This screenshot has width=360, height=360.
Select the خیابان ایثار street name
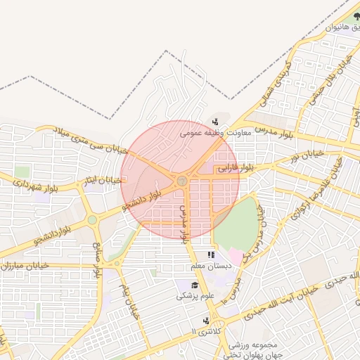[x=94, y=181]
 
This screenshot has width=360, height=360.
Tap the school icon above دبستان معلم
[x=210, y=255]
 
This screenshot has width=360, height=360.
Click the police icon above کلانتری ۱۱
[x=205, y=320]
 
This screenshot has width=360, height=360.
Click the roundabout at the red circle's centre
[x=182, y=181]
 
